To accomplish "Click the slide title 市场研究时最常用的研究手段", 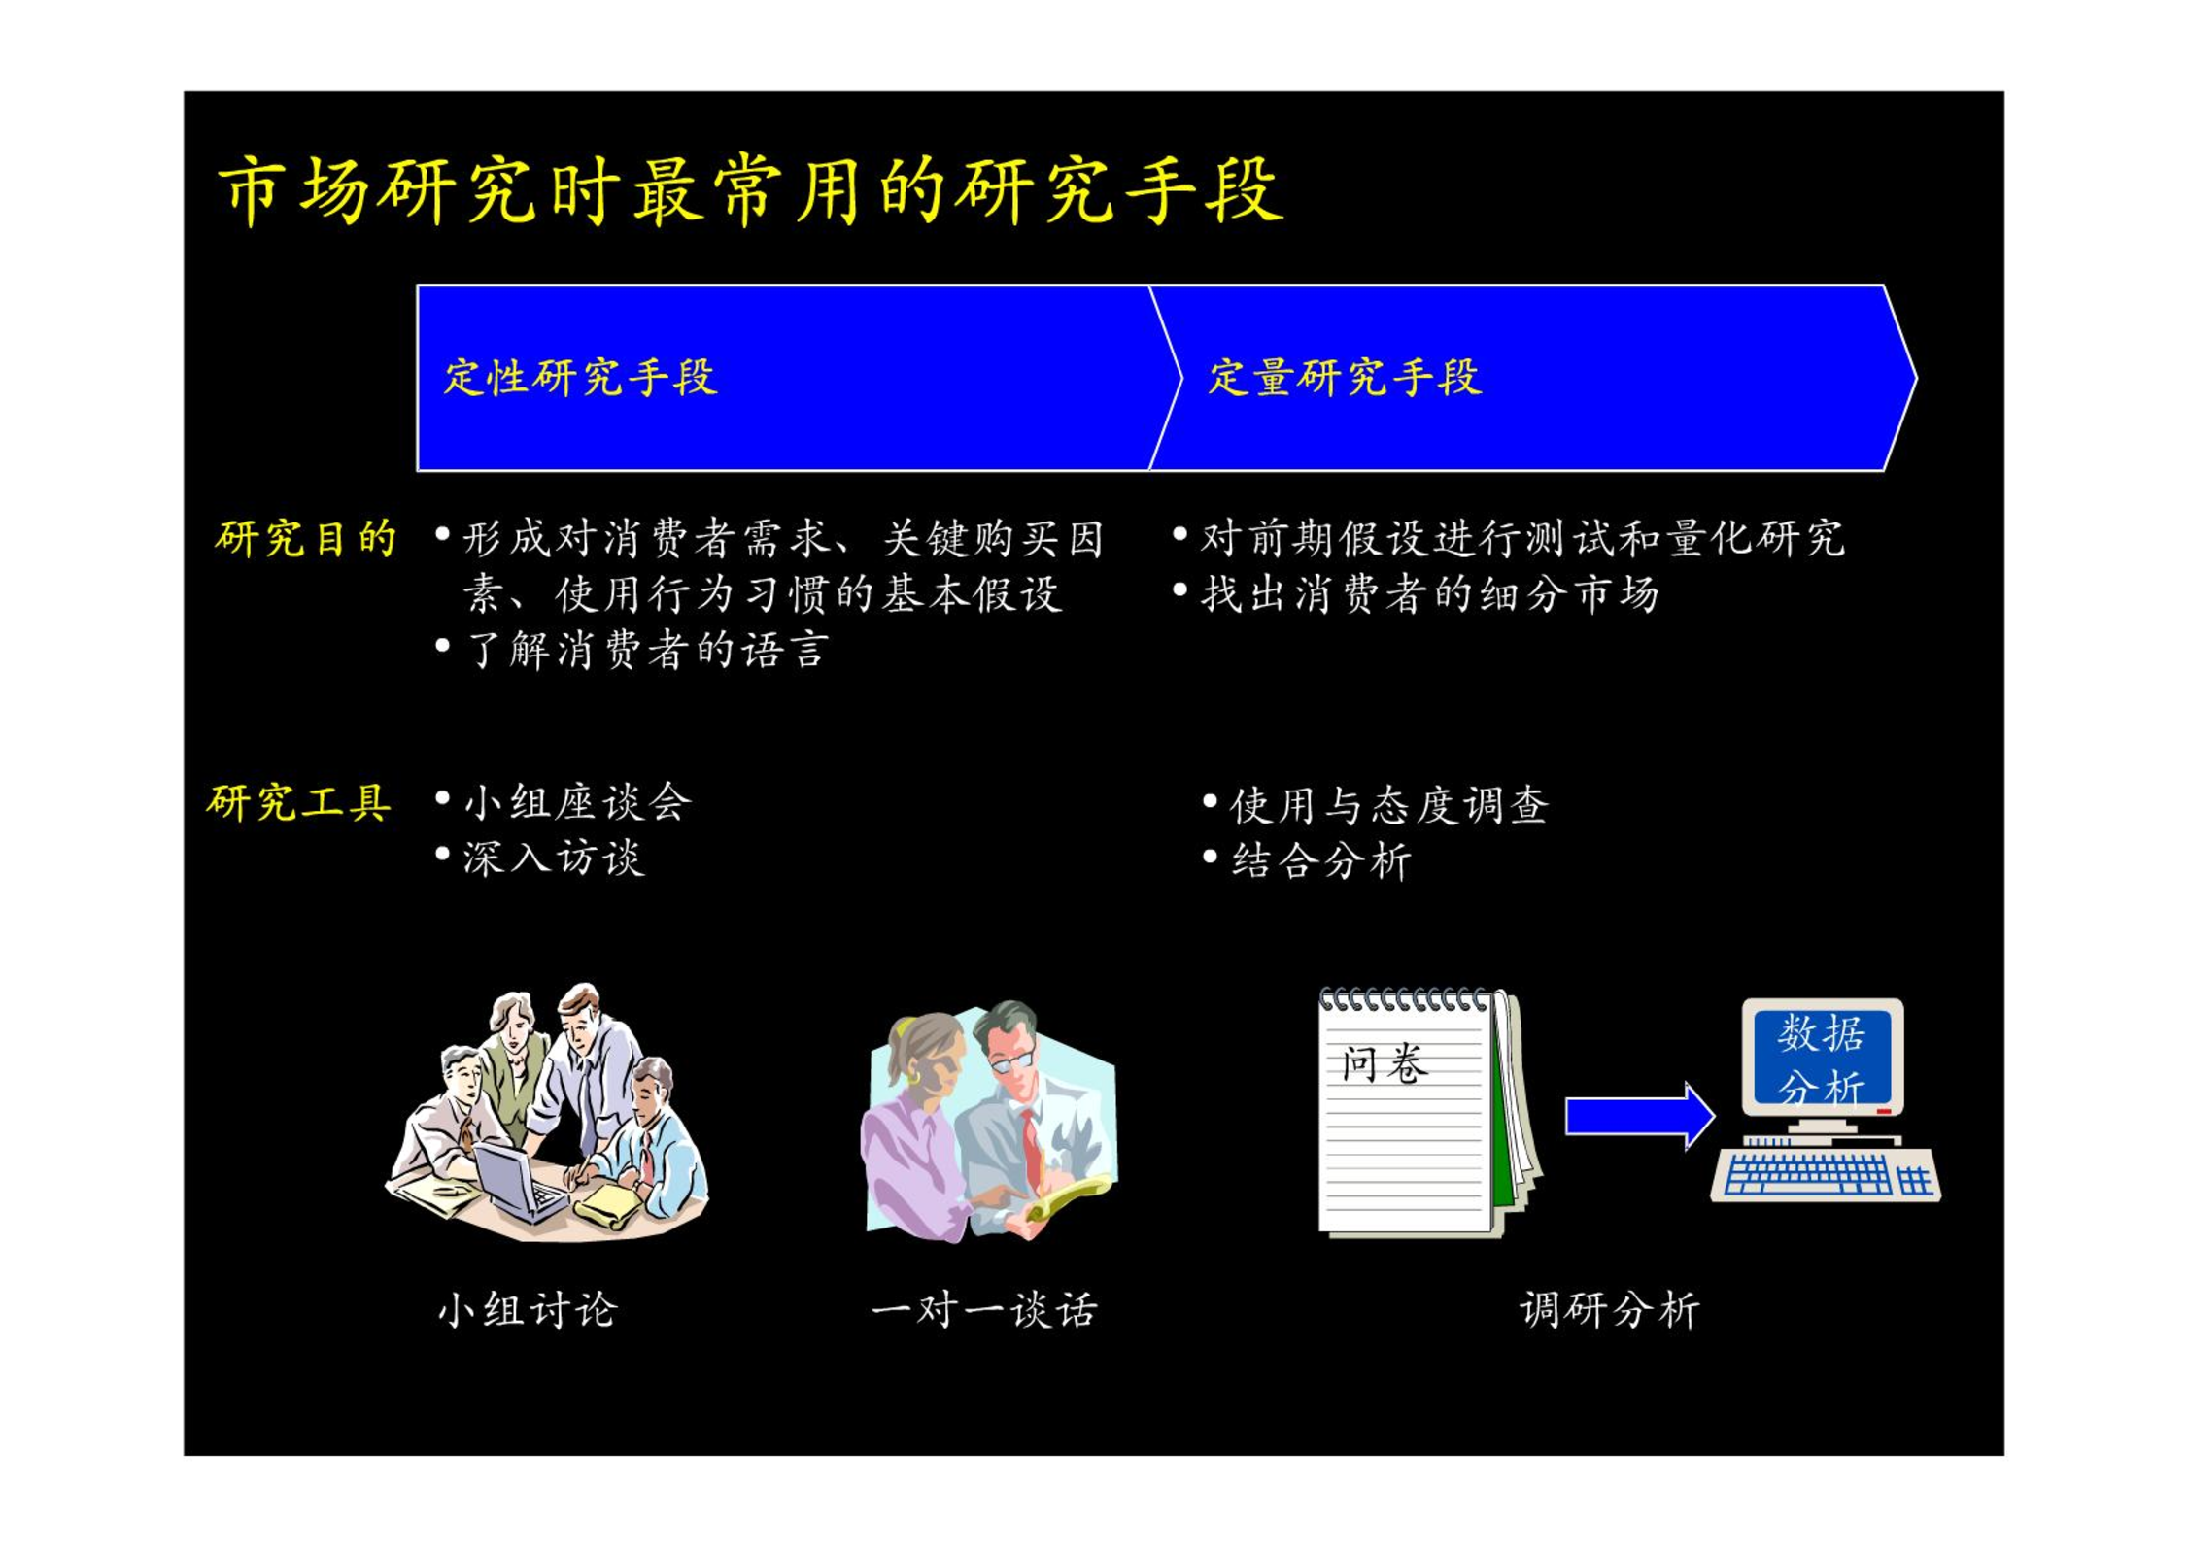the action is (750, 190).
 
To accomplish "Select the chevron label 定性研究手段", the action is (580, 378).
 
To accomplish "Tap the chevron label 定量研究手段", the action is (1345, 378).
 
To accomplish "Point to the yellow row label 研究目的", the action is (305, 538).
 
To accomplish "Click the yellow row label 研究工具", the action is (299, 803).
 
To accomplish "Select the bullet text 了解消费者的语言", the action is (647, 650).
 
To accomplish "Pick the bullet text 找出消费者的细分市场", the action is (1429, 594).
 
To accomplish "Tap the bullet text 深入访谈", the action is (554, 858).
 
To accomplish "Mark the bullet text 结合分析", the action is (1321, 860).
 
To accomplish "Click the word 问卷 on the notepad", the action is (1384, 1064).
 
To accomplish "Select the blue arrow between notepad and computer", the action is (1639, 1116).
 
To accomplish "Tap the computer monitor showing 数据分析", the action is (1822, 1058).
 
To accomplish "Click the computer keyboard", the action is (1826, 1175).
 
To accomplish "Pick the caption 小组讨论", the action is (528, 1310).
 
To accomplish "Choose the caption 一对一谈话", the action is (984, 1310).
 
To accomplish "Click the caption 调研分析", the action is (1610, 1310).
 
